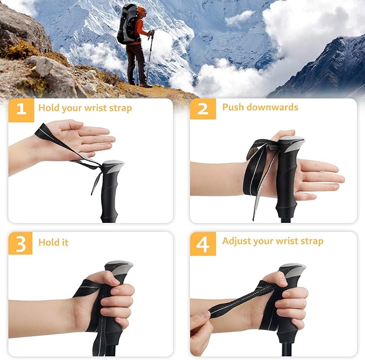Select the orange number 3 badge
click(x=21, y=243)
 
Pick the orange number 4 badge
click(x=203, y=243)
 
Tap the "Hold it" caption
click(x=53, y=242)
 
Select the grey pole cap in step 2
click(x=291, y=143)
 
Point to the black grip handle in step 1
click(x=111, y=194)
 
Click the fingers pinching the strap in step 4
click(x=199, y=321)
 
